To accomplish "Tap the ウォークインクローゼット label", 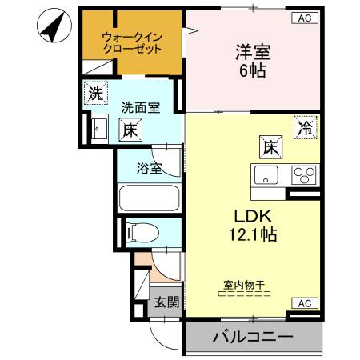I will pyautogui.click(x=132, y=42).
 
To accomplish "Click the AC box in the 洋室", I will pyautogui.click(x=306, y=18).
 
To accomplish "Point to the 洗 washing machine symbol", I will pyautogui.click(x=95, y=93).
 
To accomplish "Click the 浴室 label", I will pyautogui.click(x=149, y=168).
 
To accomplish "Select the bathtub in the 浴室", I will pyautogui.click(x=150, y=198).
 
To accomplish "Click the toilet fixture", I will pyautogui.click(x=142, y=233).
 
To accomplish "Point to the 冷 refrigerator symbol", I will pyautogui.click(x=305, y=127).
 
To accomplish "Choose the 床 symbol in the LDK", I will pyautogui.click(x=270, y=147).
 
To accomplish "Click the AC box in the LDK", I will pyautogui.click(x=305, y=302).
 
